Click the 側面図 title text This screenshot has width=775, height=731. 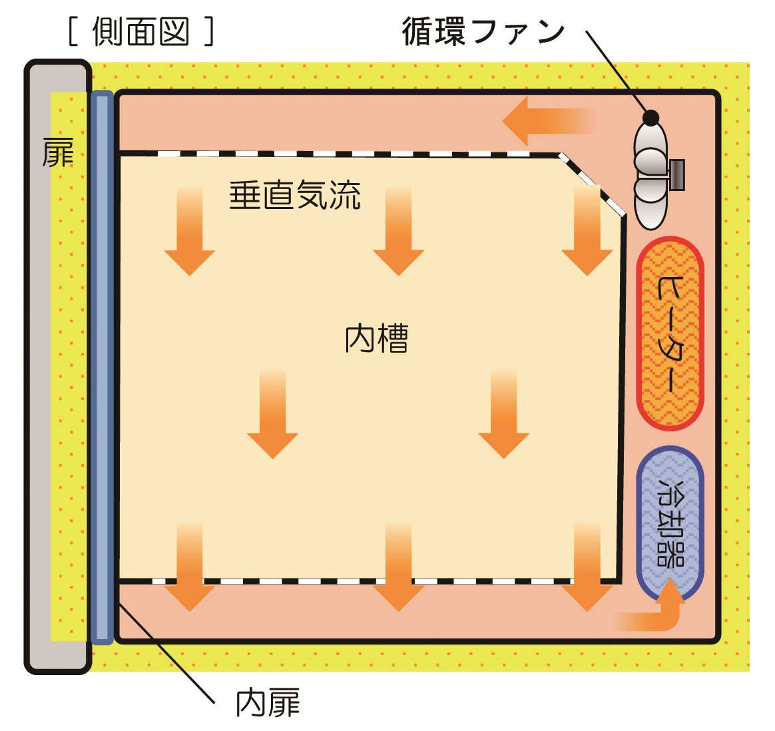141,31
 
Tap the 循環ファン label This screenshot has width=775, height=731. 483,31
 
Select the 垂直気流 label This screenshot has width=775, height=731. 295,196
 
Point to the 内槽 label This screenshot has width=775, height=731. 376,338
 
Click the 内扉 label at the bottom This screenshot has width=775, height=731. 268,704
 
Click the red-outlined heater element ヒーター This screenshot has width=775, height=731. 670,334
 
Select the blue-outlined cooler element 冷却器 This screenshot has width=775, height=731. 670,523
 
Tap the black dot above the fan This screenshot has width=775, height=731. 650,119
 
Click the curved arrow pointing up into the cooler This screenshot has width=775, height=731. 656,612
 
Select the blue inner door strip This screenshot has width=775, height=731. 102,366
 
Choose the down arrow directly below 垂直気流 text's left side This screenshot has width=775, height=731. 190,233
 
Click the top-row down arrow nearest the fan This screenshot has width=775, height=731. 587,233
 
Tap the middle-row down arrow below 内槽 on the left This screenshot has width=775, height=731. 272,416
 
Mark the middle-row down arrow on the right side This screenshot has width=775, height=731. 503,416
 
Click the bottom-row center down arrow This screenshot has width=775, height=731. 398,569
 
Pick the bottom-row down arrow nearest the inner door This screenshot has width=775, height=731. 190,569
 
